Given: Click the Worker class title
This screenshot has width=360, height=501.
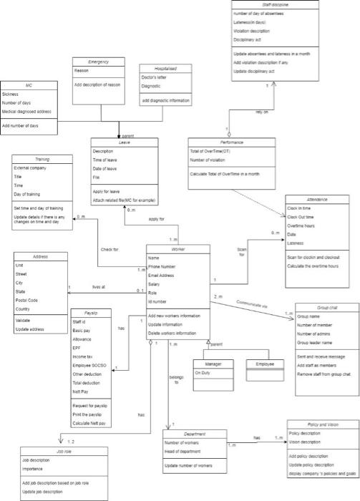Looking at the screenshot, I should [177, 248].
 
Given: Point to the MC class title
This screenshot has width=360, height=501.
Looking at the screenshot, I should [29, 84].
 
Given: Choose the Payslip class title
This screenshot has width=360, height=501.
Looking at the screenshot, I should [92, 313].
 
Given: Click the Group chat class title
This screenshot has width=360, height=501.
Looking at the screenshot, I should [326, 307].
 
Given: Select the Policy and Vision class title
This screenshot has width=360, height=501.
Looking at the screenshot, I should [323, 424].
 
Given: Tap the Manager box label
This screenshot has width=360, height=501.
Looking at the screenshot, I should [213, 364].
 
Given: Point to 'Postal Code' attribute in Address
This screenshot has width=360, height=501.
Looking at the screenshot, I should [28, 300].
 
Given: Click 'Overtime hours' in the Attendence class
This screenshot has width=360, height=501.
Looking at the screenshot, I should [301, 225].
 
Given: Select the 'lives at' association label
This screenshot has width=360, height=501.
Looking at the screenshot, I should [99, 286].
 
